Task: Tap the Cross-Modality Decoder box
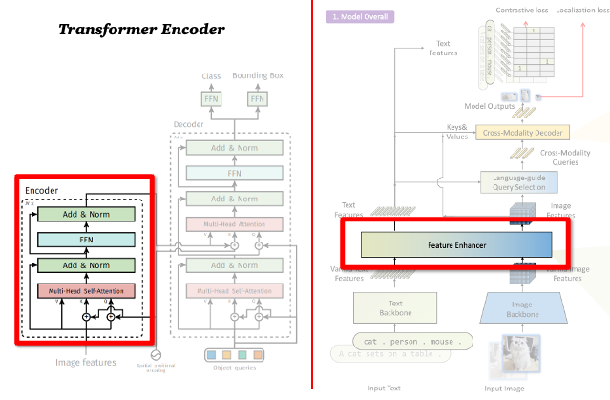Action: tap(521, 132)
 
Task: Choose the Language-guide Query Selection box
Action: tap(521, 181)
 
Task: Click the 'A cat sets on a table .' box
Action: tap(390, 356)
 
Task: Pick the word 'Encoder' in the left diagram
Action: tap(43, 189)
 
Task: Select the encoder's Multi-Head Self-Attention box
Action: tap(85, 290)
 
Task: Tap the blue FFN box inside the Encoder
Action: tap(85, 239)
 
